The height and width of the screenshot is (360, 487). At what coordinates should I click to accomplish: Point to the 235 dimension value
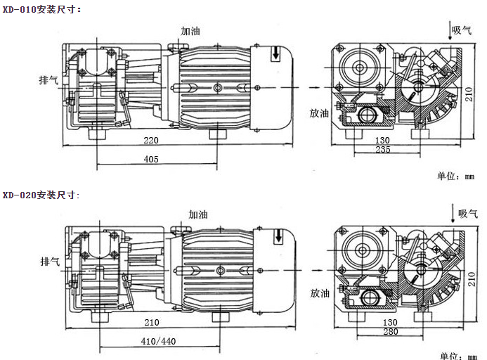(x=383, y=150)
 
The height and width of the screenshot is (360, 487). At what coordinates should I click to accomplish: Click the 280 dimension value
(x=383, y=333)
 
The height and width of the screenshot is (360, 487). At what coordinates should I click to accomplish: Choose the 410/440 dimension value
(x=159, y=341)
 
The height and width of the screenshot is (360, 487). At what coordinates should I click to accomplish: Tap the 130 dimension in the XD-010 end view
(x=383, y=140)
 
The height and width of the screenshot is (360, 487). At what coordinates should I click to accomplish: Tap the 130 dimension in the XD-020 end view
(x=383, y=323)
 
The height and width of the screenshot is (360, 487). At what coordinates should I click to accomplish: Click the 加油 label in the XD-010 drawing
(x=190, y=32)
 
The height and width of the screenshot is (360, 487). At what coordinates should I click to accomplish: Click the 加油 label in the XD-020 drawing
(x=198, y=214)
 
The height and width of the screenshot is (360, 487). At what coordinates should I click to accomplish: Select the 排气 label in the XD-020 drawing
(x=50, y=261)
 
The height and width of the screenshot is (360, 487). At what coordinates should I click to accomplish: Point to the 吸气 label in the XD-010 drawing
(x=462, y=30)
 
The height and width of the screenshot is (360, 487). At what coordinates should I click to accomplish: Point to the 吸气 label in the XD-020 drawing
(x=468, y=213)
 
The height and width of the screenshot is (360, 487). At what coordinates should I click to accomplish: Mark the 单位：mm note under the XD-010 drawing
(x=456, y=176)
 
